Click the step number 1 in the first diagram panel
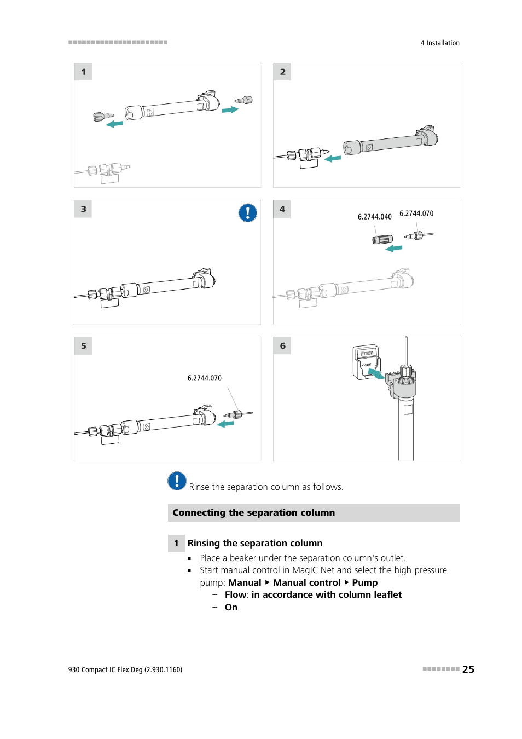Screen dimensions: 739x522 83,72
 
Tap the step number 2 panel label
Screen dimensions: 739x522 282,72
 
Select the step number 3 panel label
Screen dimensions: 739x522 83,209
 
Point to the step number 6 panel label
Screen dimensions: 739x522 282,346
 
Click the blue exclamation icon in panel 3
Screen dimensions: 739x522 248,213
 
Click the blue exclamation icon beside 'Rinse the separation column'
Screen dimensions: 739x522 177,481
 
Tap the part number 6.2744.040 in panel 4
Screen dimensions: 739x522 374,217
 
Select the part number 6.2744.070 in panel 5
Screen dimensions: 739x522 204,378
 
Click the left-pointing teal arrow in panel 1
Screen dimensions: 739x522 114,124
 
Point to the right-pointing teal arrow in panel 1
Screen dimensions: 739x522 230,110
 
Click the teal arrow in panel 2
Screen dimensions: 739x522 333,159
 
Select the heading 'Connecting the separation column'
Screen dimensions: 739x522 253,513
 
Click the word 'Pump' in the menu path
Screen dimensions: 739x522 365,583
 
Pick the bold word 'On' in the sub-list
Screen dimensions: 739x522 231,608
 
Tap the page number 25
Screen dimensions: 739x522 468,669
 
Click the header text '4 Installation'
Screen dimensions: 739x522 440,43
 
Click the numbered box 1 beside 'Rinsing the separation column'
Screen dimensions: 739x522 176,544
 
